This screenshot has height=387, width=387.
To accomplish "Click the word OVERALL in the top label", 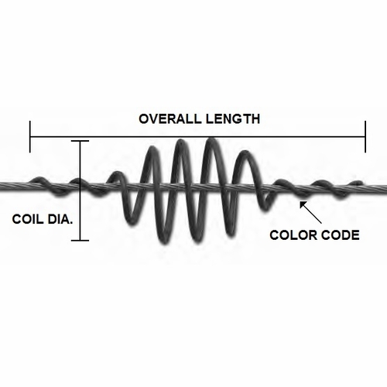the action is point(170,119).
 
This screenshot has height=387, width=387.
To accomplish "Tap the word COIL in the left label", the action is point(27,219).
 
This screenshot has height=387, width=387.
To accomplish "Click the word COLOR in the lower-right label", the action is point(292,235).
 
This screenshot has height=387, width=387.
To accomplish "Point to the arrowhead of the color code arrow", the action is point(302,204).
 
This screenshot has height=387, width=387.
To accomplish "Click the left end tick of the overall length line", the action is point(30,136).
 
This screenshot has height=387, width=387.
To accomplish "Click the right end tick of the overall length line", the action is point(365,136).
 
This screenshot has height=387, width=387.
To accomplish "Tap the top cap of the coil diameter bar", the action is point(80,141).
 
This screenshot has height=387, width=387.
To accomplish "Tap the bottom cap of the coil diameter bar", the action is point(80,241).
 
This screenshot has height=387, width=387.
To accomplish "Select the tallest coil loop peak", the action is point(211,140).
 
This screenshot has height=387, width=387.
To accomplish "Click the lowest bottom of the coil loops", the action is point(164,242).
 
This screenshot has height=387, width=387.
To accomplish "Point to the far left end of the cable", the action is point(1,185).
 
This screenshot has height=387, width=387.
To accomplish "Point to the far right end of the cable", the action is point(386,188).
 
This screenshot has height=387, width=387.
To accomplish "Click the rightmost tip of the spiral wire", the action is point(361,183).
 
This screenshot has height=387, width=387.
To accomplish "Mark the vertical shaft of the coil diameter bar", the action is point(80,190).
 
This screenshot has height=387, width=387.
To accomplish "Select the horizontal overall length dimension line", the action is point(197,136).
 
